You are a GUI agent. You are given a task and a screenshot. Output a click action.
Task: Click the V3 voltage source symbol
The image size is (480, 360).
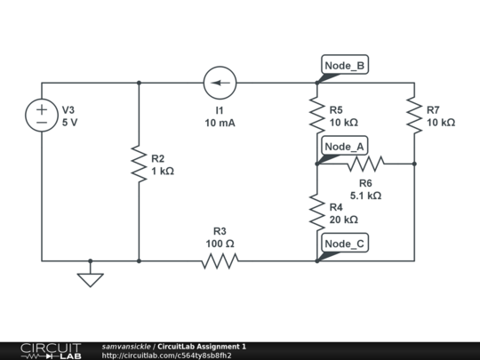pos(42,115)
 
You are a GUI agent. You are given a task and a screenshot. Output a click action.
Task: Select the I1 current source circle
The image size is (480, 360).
pos(220,84)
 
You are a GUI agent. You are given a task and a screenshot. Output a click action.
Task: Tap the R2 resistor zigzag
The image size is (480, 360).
pos(139,164)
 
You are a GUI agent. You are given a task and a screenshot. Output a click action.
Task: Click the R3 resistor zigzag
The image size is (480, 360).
pos(220,261)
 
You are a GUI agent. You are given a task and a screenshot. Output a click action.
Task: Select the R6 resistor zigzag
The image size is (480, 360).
pos(365,164)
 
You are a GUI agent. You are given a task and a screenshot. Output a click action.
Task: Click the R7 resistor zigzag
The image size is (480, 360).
pos(414,115)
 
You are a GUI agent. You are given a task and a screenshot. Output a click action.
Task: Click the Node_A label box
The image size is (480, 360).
pos(344,146)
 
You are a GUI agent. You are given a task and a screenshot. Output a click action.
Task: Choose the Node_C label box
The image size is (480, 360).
pos(344,244)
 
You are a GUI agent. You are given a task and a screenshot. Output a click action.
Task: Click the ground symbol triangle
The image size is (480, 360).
pos(90,280)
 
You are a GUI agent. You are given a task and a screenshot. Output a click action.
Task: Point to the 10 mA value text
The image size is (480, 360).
pos(220,123)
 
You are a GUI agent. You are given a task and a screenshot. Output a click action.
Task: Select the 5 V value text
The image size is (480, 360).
pos(69,124)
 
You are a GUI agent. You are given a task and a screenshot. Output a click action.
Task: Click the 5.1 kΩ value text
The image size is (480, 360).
pos(365,195)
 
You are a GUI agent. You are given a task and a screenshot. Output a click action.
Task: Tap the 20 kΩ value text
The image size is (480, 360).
pos(343,220)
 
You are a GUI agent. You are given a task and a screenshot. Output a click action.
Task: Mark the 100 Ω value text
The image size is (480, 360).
pos(220,243)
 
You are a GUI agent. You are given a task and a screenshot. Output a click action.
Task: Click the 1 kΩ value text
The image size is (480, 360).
pos(162,171)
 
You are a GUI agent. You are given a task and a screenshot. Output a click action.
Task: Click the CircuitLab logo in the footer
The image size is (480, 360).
pos(51,350)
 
